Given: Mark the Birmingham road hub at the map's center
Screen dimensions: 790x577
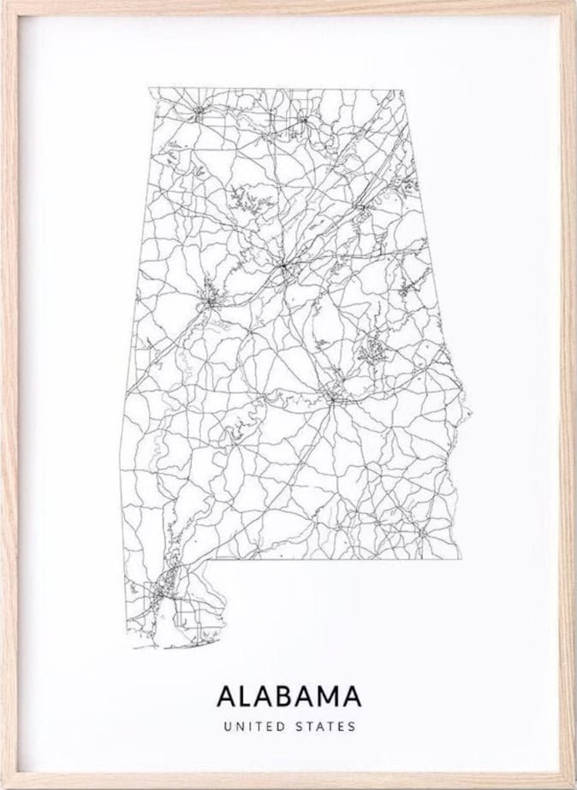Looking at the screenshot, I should coord(283,267).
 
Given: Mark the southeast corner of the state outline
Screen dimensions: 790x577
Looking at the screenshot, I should coord(463,560).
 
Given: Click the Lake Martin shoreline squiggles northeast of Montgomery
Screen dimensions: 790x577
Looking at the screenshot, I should coord(373,349).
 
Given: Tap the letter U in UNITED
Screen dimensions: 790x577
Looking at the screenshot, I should coord(225,727).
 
